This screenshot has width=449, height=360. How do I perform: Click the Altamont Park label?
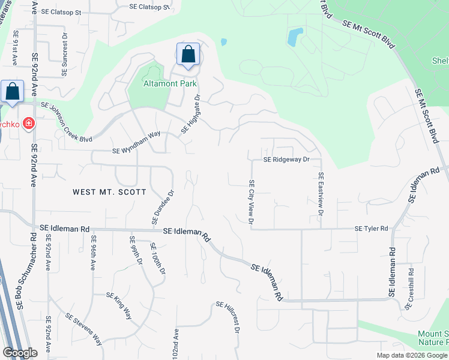click(170, 83)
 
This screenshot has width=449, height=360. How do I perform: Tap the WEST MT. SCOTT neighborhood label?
click(109, 192)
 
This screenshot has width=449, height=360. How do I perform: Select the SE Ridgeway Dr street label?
click(286, 160)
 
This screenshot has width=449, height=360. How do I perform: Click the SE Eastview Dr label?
click(321, 194)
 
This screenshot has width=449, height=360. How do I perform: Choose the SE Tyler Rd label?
click(372, 229)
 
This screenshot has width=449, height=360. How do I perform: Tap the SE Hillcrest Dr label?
click(228, 317)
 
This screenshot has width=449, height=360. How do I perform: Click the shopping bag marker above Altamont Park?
click(188, 54)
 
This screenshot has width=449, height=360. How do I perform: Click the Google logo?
click(20, 353)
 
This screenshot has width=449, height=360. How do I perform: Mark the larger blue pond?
click(294, 37)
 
